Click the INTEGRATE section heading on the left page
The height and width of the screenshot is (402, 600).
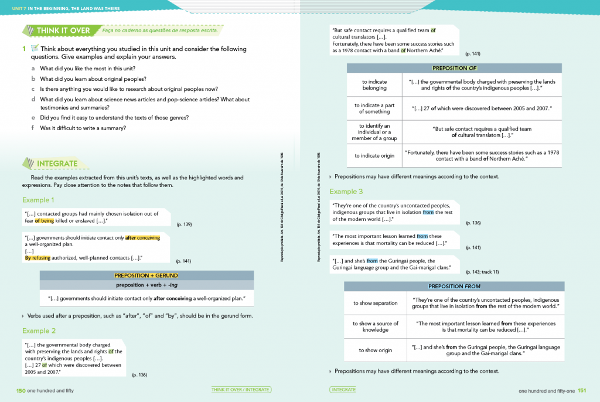[x=57, y=163]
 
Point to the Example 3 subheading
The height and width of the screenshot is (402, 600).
[x=346, y=192]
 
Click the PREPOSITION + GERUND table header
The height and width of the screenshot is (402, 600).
[x=146, y=275]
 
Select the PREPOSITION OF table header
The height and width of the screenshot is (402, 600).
[x=454, y=68]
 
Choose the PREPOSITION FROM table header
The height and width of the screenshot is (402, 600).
[x=454, y=287]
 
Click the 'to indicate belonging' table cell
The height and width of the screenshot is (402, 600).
[x=374, y=85]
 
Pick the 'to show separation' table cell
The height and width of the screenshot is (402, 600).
[x=375, y=303]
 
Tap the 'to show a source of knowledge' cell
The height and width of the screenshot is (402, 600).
[x=375, y=326]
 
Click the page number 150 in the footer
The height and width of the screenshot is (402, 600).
[x=21, y=390]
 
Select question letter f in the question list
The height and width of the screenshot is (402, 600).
[x=33, y=128]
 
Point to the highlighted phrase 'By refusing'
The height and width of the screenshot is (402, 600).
[x=37, y=258]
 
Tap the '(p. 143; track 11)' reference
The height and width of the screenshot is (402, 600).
[x=483, y=272]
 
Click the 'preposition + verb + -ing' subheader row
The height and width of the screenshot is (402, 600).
[x=146, y=285]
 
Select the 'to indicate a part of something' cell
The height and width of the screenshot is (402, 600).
[x=374, y=108]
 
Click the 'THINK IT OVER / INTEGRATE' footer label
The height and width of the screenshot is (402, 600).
[x=240, y=390]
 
